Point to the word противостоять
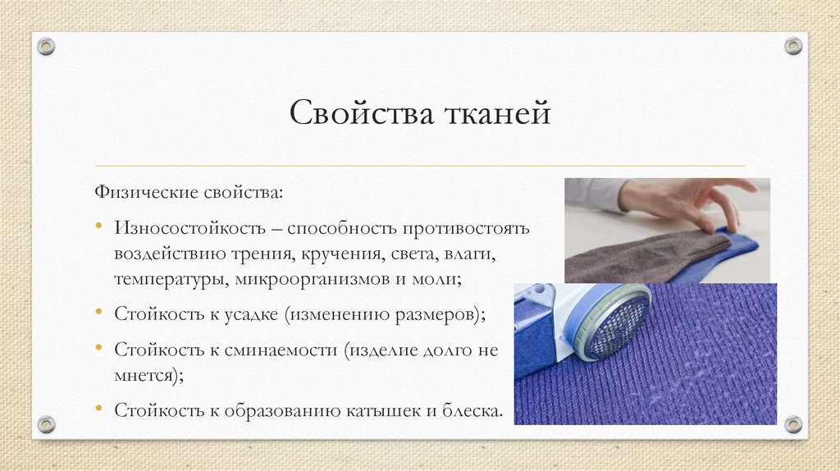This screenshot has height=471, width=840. coord(469,226)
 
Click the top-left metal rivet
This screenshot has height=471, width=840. coord(47,47)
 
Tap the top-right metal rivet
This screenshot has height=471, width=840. coord(793,47)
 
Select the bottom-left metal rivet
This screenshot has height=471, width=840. coord(47,424)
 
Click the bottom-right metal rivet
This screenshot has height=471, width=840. coord(793,424)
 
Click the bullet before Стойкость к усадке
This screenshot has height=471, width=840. coord(98,314)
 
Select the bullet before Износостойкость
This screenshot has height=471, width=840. coord(98,226)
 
